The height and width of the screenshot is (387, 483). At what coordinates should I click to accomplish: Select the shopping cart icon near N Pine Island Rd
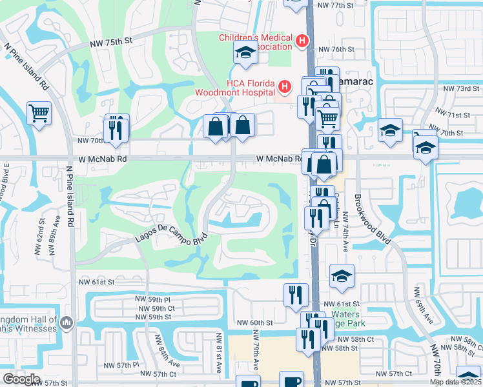pyautogui.click(x=39, y=113)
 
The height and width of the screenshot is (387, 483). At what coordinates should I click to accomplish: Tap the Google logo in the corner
pyautogui.click(x=21, y=379)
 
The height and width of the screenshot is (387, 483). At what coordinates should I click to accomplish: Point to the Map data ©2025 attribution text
pyautogui.click(x=455, y=382)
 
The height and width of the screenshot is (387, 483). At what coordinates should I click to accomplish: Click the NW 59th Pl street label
pyautogui.click(x=152, y=299)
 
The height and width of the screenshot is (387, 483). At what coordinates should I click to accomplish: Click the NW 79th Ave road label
pyautogui.click(x=256, y=350)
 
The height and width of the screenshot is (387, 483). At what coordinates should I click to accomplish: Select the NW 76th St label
pyautogui.click(x=337, y=49)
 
